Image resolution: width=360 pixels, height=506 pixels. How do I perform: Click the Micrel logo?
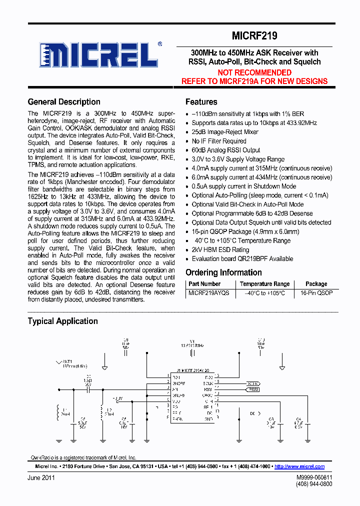100,54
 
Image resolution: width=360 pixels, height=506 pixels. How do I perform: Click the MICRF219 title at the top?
254,36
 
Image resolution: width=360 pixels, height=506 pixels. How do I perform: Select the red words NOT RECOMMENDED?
254,72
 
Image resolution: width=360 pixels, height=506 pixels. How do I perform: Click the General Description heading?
64,102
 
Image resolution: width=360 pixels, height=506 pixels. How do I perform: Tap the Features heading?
201,102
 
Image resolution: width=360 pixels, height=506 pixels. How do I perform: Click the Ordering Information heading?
223,272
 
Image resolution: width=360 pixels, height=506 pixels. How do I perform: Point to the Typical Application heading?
62,321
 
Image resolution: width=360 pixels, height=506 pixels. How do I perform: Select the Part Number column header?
203,284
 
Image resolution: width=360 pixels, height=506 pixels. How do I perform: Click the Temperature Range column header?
264,284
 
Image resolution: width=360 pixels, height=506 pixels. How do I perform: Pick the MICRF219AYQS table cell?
208,293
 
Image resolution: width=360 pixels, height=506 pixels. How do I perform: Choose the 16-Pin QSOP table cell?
316,293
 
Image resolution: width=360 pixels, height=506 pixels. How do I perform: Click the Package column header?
316,284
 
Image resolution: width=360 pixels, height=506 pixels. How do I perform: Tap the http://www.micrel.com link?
299,466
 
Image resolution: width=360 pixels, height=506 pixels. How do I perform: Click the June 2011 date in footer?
41,477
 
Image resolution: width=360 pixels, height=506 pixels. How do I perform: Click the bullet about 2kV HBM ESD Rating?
220,250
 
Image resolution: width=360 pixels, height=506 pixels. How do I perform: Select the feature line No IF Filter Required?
219,141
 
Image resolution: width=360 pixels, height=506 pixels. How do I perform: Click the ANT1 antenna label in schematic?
67,361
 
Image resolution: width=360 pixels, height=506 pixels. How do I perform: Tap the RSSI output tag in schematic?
252,388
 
